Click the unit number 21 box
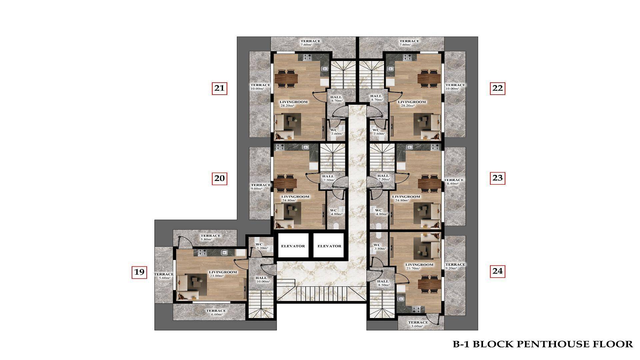pos(219,88)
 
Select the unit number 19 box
pos(139,272)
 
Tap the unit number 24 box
pos(497,271)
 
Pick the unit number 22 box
pos(497,88)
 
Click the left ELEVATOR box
pos(293,246)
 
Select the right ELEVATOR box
pos(329,246)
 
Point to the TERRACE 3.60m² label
pos(418,324)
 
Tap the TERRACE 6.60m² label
pos(216,312)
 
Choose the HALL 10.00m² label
pos(262,279)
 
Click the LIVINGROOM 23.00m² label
pos(223,274)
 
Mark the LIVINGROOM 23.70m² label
pos(419,267)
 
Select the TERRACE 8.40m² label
pos(454,182)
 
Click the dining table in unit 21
pos(286,78)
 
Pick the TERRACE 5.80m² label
pos(210,237)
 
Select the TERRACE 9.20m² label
pos(455,266)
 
